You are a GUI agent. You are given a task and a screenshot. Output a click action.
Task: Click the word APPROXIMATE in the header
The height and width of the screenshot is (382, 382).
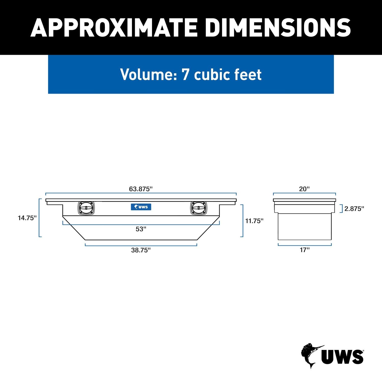coord(114,28)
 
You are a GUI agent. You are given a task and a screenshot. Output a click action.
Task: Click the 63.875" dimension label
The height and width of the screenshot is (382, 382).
coord(141,189)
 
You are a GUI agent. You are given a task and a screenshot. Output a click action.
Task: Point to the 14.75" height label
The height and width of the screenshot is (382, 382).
coord(27,218)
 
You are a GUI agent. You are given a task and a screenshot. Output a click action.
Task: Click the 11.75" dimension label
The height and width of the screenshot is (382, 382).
coord(254,221)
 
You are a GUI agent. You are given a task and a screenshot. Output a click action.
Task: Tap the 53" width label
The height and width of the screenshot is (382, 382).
coord(141,229)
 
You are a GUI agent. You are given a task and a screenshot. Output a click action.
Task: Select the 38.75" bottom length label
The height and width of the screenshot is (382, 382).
coord(141,250)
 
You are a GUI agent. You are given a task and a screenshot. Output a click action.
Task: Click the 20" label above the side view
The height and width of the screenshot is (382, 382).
coord(304,189)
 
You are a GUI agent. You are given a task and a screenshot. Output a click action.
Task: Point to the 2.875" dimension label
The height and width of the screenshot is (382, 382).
coord(354,209)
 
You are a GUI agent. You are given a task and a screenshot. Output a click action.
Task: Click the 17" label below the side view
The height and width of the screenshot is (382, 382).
coord(304,250)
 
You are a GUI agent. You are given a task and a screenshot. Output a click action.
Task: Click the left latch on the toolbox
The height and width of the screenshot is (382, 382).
coord(86,208)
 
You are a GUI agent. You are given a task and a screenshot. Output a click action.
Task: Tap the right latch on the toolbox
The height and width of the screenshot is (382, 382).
coord(198,208)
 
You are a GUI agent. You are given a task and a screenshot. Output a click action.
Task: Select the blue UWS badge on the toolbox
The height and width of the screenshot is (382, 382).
coord(141,207)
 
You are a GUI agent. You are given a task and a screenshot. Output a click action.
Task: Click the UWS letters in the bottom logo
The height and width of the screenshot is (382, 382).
coord(342,357)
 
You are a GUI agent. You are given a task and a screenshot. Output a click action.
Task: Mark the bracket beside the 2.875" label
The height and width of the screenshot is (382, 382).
coord(342,209)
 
